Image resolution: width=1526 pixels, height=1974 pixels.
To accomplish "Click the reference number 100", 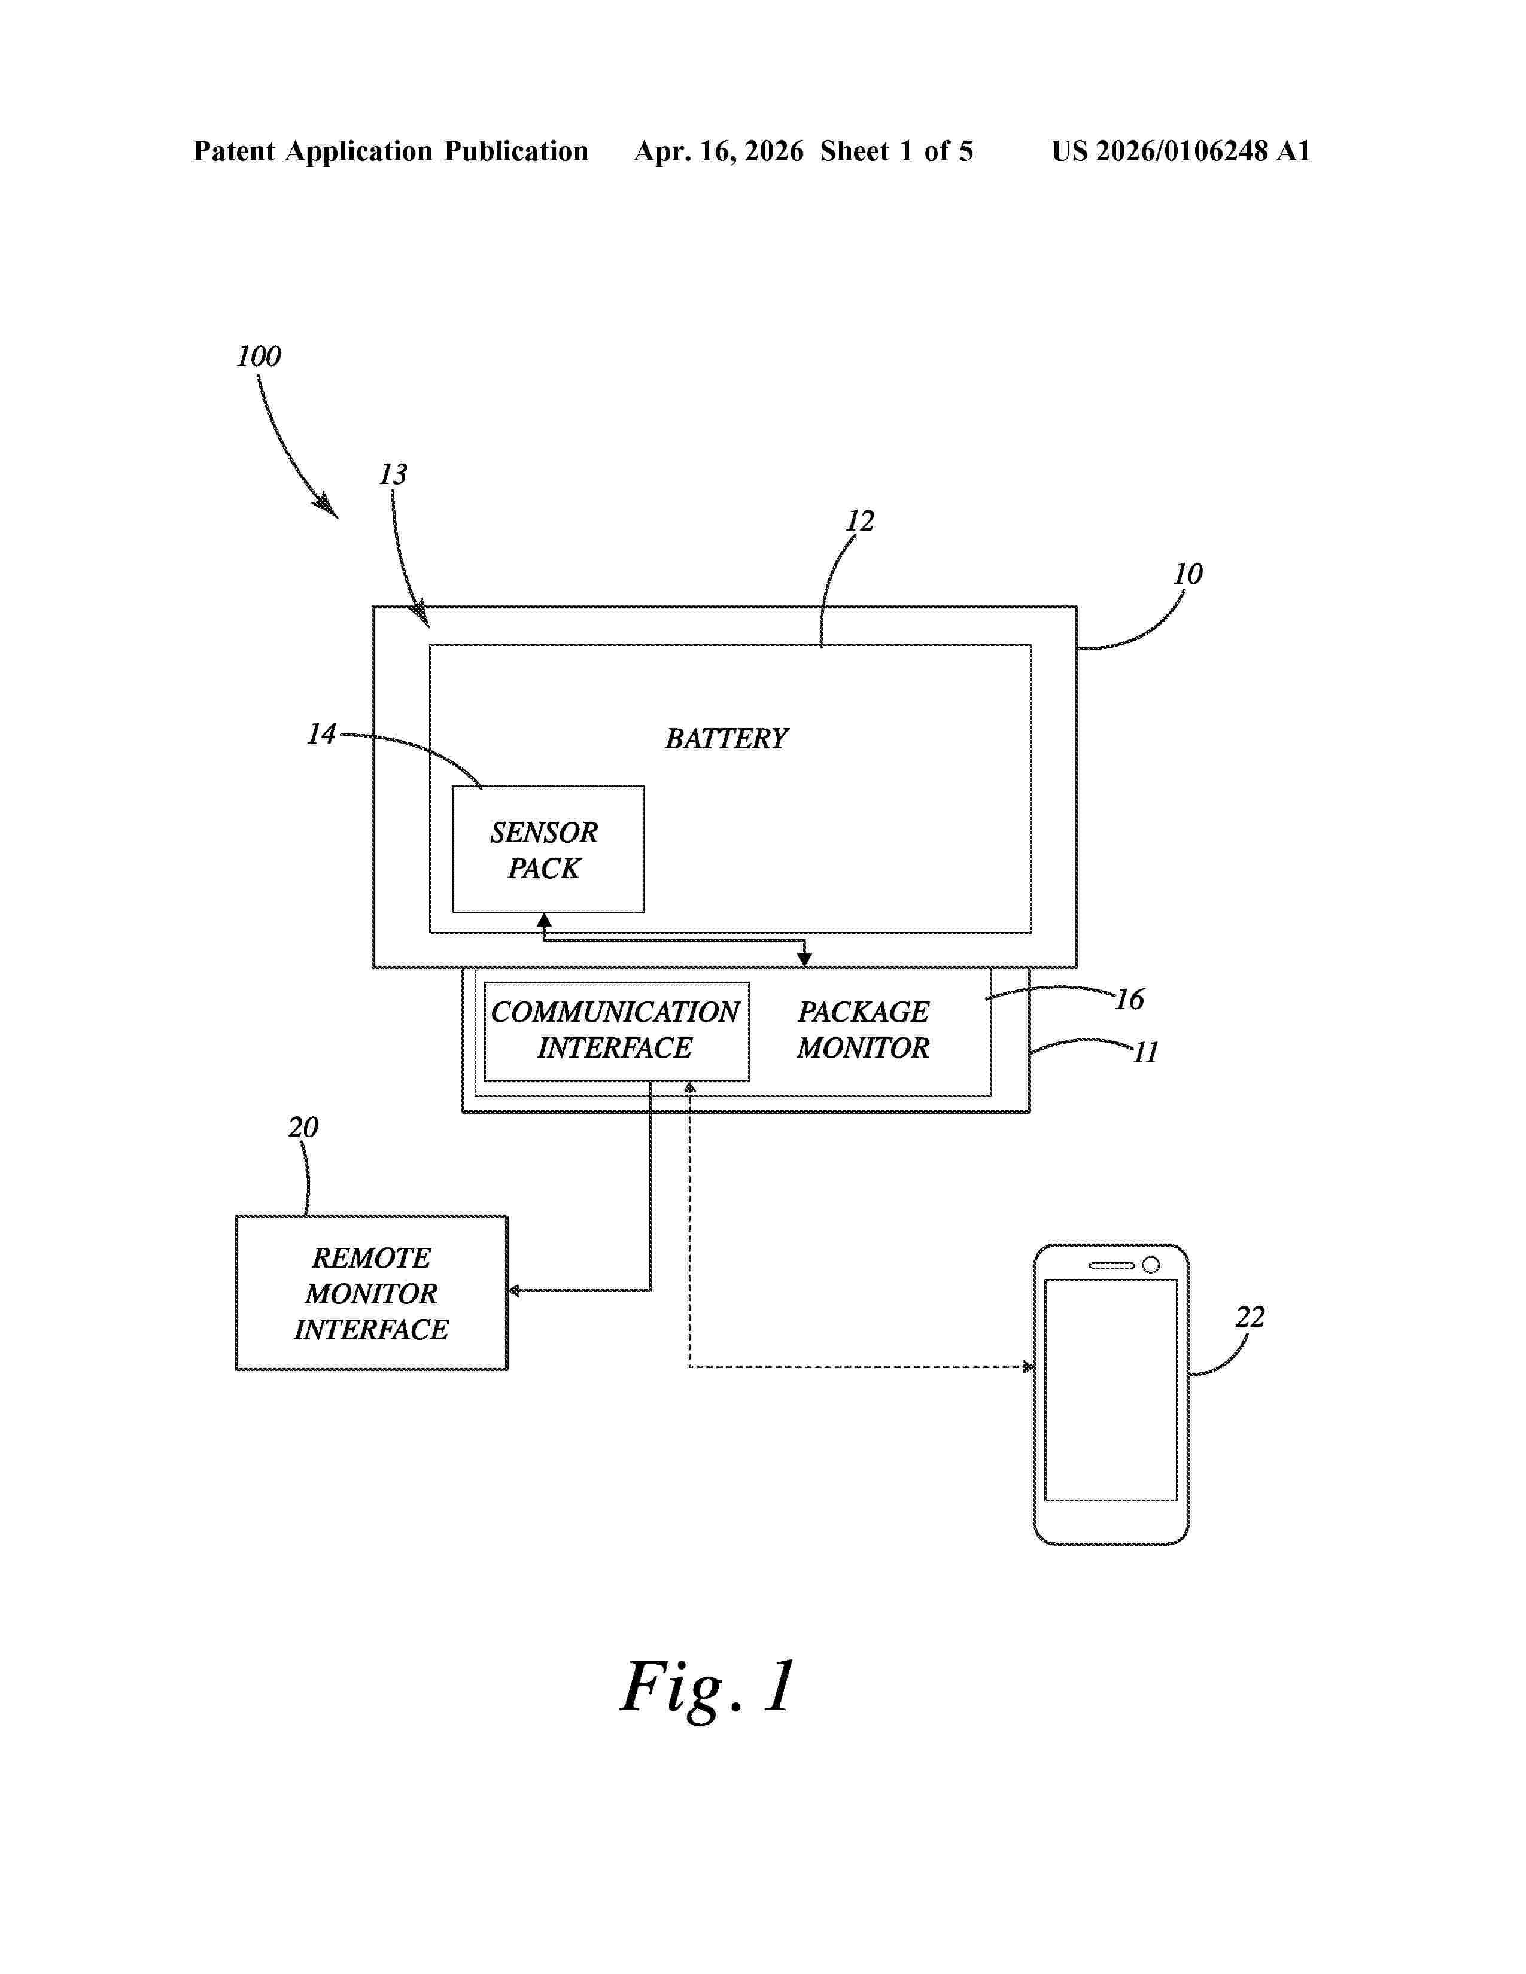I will [259, 356].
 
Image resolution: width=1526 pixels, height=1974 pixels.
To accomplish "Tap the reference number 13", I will [393, 474].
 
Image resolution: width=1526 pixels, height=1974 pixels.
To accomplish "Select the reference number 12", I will [860, 520].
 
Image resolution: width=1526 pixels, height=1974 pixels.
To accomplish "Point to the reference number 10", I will [1188, 574].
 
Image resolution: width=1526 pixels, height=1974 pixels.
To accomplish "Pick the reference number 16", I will [1130, 999].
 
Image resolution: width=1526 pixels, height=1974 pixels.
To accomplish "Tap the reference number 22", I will [1250, 1317].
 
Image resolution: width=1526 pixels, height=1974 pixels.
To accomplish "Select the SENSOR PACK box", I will [548, 849].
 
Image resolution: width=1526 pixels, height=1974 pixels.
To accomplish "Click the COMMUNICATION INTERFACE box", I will [616, 1031].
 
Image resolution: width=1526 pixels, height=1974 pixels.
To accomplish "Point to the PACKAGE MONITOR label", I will [864, 1029].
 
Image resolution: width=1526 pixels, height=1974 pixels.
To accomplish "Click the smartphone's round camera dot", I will [1151, 1265].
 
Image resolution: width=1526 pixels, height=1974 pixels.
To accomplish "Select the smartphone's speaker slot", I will [1111, 1265].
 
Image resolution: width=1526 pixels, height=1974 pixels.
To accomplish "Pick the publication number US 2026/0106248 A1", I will [1181, 151].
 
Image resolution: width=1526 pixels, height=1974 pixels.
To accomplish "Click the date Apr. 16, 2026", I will [719, 151].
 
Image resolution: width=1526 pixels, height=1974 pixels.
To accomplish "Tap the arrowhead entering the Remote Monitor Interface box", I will [513, 1291].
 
